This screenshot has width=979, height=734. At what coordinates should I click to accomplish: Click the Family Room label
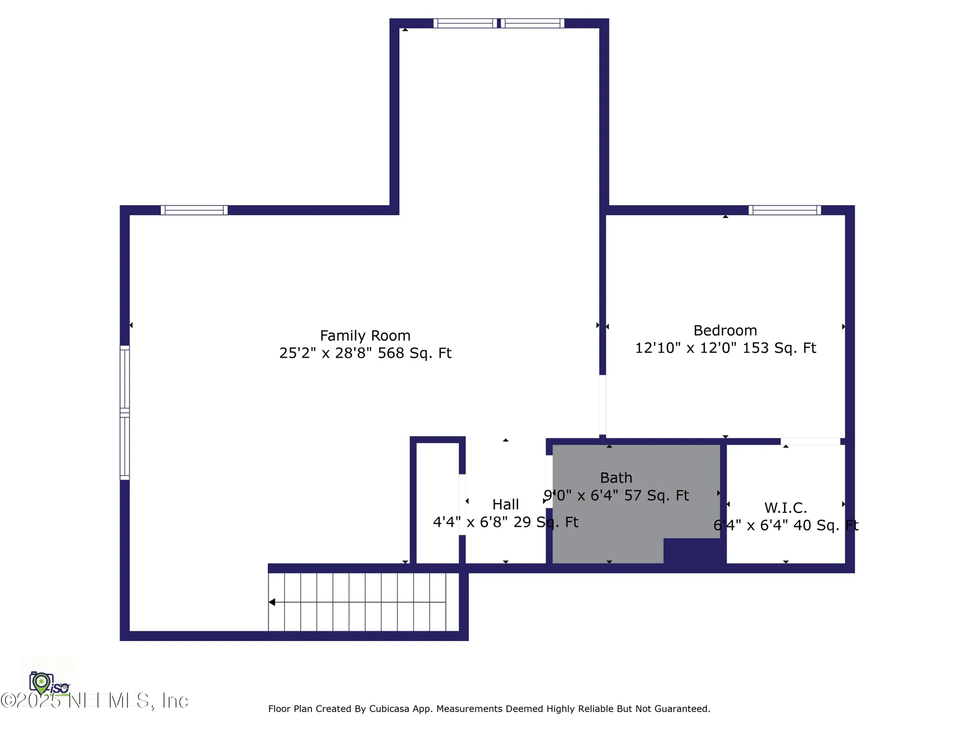point(365,336)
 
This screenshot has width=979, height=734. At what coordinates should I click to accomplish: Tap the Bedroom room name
point(725,330)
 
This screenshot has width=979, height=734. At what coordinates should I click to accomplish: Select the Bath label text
point(616,478)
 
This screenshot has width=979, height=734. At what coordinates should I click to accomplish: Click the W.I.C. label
point(785,507)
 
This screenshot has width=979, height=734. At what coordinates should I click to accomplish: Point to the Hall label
point(505,505)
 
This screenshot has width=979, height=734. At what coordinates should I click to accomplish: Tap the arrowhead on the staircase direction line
point(272,602)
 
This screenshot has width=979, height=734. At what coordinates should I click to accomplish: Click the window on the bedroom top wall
point(785,210)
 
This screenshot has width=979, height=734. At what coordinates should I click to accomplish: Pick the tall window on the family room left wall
point(125,413)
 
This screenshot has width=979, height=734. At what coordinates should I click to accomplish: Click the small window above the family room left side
point(194,210)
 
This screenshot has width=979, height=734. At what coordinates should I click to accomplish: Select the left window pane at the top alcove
point(465,23)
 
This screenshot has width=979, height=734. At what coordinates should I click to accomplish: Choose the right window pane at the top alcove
point(533,23)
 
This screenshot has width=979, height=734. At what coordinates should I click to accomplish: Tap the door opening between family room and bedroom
point(603,405)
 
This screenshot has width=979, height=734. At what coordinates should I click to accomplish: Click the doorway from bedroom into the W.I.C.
point(810,441)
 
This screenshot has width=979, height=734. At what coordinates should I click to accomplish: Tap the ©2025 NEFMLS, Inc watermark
point(94,701)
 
